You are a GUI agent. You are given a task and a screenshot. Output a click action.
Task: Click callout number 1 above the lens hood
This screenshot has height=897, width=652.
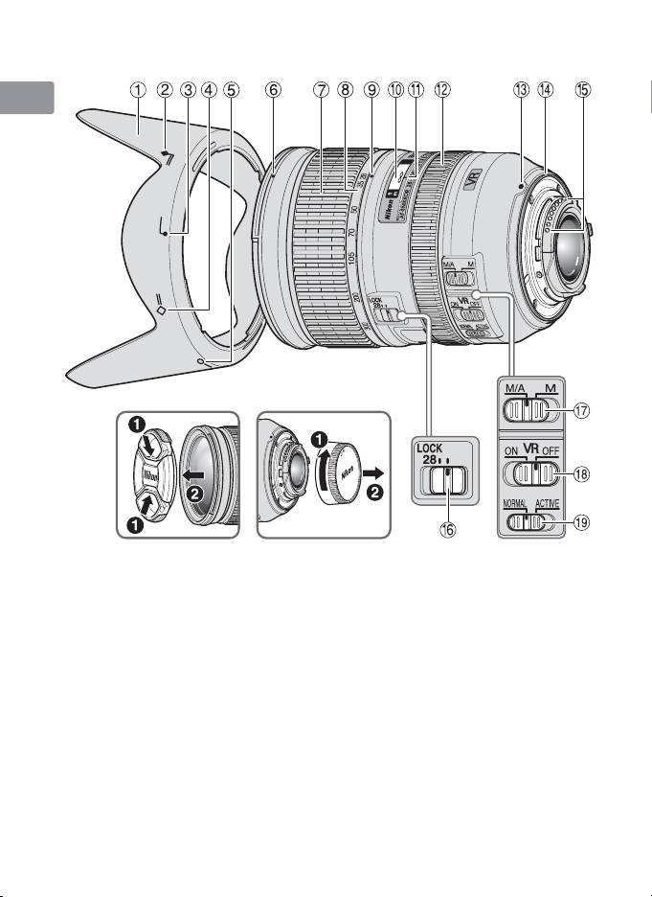tap(139, 90)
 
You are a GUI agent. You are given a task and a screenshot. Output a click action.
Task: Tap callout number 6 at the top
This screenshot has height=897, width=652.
tap(274, 90)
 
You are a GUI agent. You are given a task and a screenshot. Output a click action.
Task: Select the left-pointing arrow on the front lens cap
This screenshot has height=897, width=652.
tap(216, 474)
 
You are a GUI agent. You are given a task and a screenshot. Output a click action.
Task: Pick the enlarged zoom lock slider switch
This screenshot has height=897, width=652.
tap(446, 478)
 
